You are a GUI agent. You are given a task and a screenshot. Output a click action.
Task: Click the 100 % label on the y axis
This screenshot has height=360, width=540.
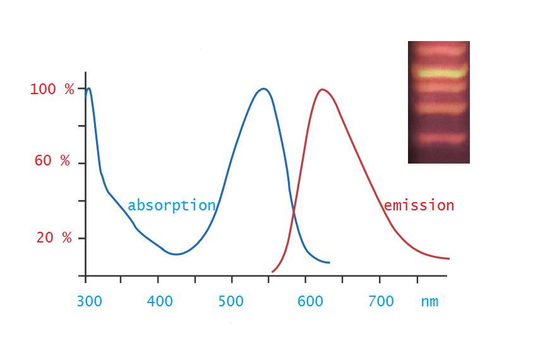(52, 89)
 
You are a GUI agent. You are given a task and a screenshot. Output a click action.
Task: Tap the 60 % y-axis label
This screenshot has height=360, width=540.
(52, 160)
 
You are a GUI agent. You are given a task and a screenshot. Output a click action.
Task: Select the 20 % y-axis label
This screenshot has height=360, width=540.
(54, 237)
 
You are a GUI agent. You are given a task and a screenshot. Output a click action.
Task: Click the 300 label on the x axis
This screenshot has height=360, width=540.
(89, 301)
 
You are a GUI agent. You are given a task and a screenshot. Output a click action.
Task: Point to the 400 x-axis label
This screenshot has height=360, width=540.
(160, 301)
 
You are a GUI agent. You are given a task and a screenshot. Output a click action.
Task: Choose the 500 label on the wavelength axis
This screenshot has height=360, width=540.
(231, 301)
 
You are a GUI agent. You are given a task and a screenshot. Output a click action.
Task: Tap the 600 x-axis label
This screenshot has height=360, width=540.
(310, 301)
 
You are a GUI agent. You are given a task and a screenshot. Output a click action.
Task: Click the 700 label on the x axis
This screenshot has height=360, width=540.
(381, 301)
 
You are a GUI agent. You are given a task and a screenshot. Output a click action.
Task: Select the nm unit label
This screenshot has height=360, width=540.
(429, 302)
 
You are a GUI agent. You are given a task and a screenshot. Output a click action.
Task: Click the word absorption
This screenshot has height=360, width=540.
(172, 205)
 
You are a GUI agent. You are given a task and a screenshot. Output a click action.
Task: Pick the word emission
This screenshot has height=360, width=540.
(419, 205)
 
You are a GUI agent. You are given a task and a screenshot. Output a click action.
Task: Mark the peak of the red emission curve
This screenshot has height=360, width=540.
(322, 90)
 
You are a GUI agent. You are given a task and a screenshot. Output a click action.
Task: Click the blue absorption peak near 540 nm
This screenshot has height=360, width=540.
(263, 89)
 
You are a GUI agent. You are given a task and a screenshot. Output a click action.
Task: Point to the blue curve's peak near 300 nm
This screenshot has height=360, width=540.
(89, 88)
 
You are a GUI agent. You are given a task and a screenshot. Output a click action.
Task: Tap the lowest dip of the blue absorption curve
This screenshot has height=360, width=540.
(176, 255)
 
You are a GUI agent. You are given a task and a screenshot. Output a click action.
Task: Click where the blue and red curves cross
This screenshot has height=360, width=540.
(294, 211)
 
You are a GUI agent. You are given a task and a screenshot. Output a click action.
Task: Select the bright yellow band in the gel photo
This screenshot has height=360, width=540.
(439, 73)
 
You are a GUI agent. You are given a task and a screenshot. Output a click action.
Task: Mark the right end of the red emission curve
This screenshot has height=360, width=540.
(449, 258)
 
